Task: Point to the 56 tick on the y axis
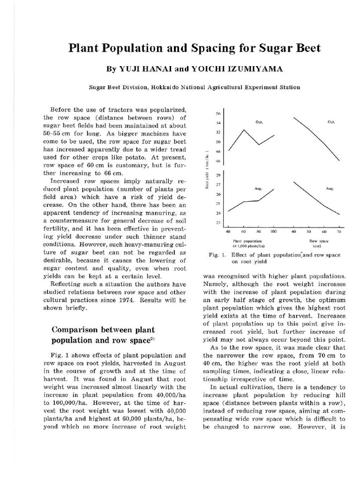point(218,113)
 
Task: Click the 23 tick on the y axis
point(218,223)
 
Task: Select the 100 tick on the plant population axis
point(274,232)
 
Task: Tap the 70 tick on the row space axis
point(339,232)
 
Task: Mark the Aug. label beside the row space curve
point(329,188)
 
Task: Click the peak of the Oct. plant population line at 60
point(244,129)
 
